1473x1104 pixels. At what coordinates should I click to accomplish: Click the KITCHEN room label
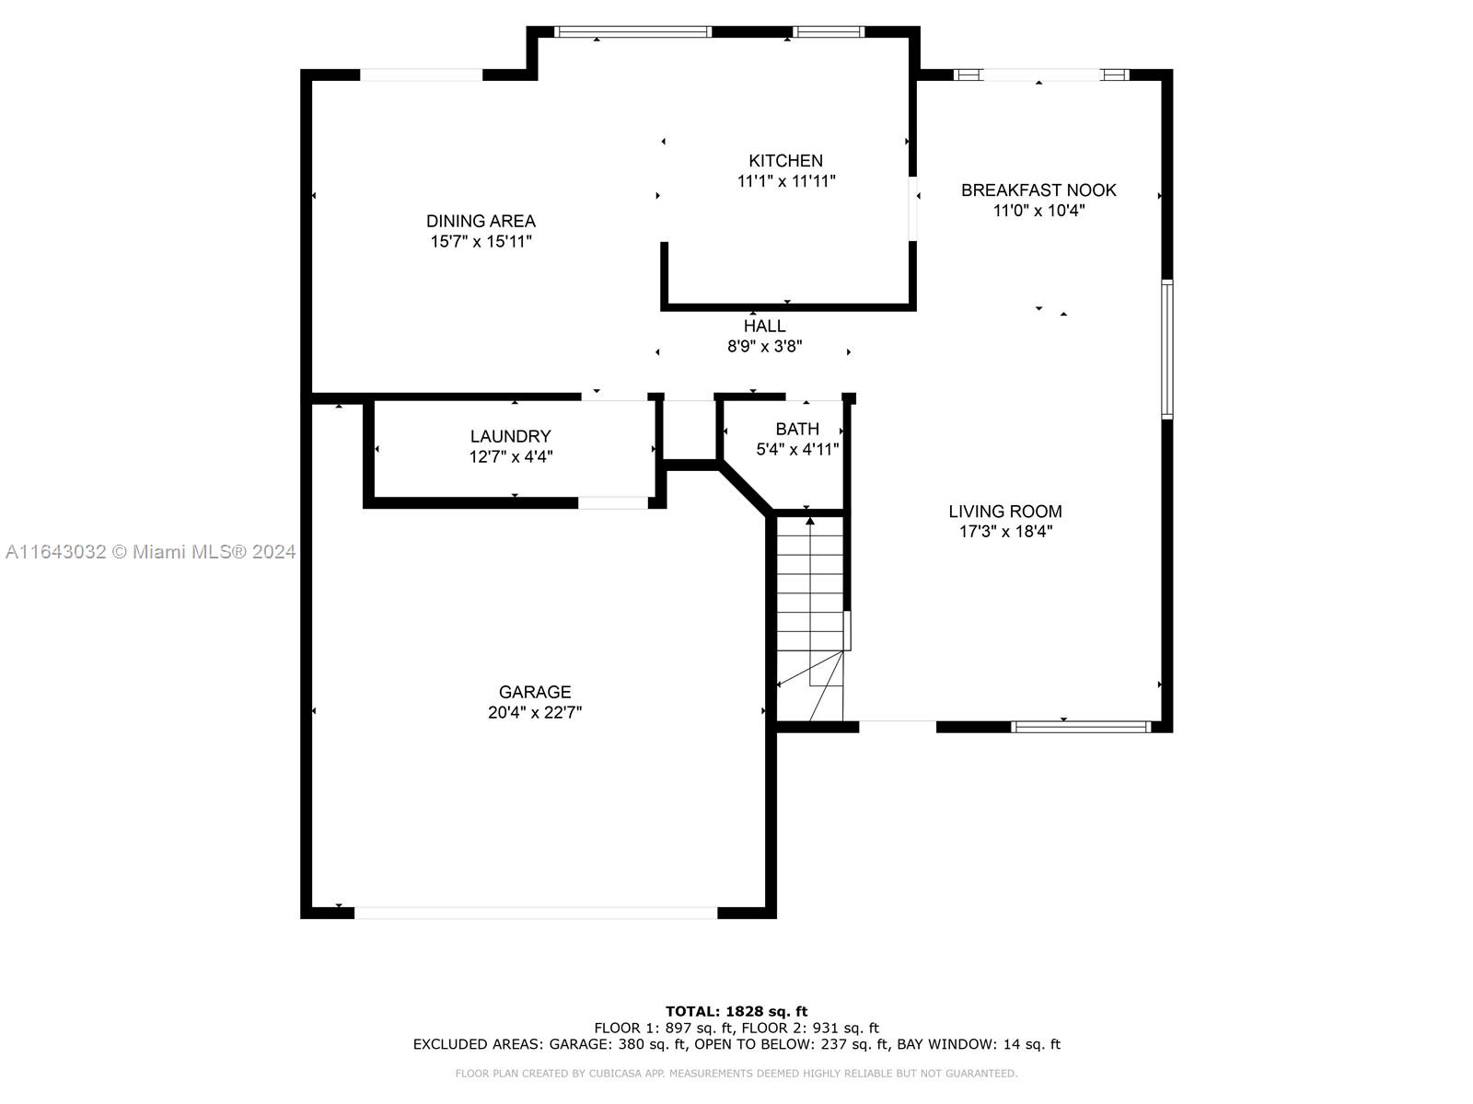785,161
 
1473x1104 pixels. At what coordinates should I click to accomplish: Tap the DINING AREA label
481,221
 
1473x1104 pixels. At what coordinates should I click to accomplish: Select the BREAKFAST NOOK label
1038,190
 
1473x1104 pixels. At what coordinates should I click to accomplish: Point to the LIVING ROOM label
1004,512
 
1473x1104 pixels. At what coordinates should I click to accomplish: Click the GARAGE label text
534,692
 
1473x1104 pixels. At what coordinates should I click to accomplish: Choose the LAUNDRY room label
510,436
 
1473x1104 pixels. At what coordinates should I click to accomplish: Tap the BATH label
797,429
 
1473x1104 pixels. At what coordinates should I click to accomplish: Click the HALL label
764,327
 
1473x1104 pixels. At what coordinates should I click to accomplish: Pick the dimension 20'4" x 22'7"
534,712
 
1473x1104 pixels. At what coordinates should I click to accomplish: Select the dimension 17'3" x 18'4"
1005,532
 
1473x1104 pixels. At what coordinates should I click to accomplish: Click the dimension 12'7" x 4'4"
511,456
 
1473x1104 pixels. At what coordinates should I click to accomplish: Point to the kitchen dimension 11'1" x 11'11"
786,181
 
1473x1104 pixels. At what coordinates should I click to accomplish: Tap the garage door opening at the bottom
536,913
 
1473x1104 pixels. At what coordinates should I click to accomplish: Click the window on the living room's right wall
1167,350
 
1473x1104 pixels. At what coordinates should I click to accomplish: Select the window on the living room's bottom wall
1081,727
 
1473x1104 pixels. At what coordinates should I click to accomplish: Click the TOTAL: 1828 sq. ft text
736,1011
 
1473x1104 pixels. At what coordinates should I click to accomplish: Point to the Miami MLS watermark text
150,552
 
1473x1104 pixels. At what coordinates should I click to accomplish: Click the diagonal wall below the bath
745,490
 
